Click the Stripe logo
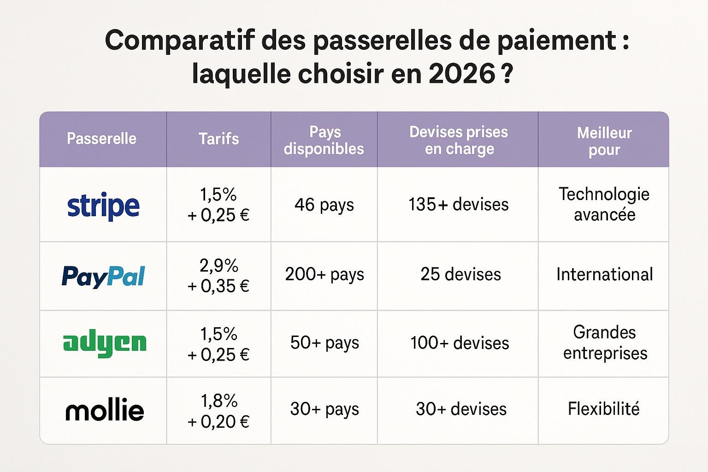(x=103, y=206)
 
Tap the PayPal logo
(x=103, y=277)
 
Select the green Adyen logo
(x=105, y=343)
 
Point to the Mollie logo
(x=105, y=409)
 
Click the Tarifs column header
(x=219, y=139)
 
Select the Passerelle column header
(x=101, y=138)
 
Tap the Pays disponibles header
(x=324, y=141)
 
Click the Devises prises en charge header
(x=459, y=141)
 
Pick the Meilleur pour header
(x=604, y=142)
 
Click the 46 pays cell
(x=324, y=205)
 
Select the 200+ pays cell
(x=324, y=274)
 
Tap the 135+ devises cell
(x=459, y=204)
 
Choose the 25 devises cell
(x=460, y=274)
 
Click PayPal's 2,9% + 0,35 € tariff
(x=219, y=276)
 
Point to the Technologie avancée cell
(x=604, y=204)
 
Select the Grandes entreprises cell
(x=605, y=342)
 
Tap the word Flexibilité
(x=604, y=408)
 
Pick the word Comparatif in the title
(x=179, y=41)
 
